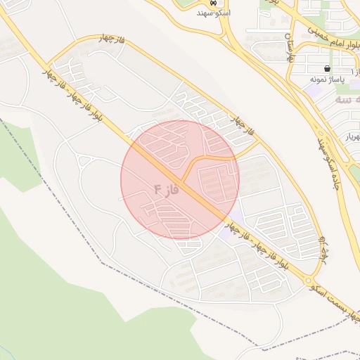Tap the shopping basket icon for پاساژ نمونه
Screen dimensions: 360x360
click(x=328, y=69)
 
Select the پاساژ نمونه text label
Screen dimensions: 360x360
click(x=326, y=79)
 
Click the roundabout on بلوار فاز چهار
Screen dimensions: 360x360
click(x=310, y=283)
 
